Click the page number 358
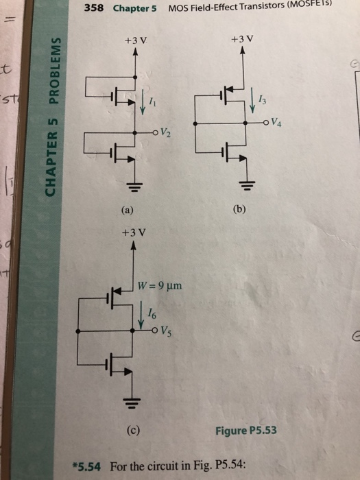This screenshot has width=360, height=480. [95, 9]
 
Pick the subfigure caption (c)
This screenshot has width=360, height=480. [132, 431]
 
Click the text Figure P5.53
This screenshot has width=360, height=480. [248, 431]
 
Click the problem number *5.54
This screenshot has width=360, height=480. [88, 466]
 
